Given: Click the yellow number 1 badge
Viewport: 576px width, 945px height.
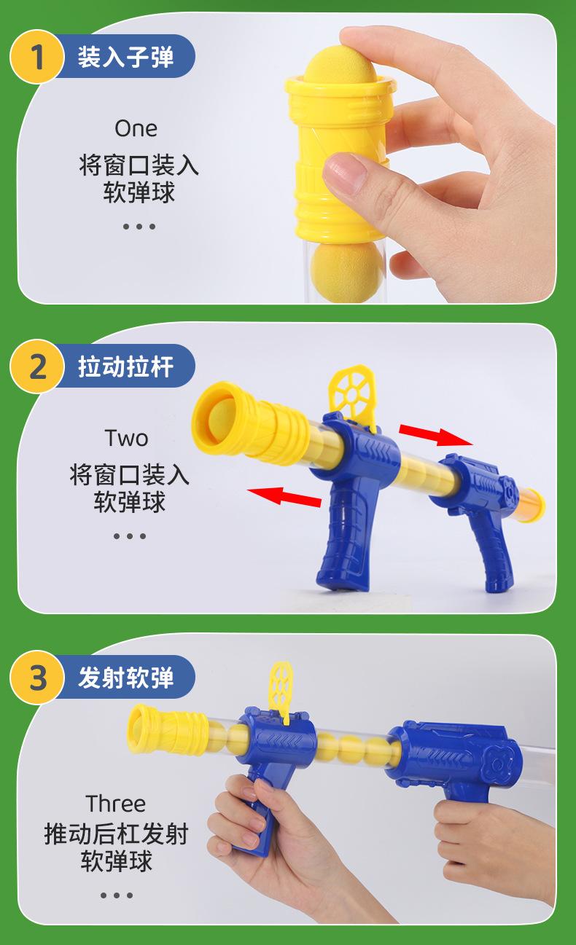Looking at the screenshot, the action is click(x=36, y=57).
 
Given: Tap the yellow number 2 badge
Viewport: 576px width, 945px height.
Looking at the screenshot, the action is click(x=36, y=366).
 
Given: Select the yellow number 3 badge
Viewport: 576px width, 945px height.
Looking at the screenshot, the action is click(x=36, y=677).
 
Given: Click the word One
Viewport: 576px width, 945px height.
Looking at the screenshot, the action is click(x=136, y=128).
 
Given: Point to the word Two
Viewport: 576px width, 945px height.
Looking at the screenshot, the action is click(x=126, y=438).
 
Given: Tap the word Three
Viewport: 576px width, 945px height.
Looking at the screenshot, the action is click(x=116, y=804).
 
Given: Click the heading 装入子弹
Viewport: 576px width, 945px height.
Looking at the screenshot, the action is click(x=125, y=57).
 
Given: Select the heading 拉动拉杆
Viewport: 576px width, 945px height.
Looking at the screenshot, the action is click(x=125, y=366).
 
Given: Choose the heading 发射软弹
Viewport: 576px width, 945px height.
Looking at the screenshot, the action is click(x=125, y=678).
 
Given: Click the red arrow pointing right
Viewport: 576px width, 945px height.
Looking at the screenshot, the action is click(x=436, y=435).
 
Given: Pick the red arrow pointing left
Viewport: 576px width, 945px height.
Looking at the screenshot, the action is click(x=284, y=496).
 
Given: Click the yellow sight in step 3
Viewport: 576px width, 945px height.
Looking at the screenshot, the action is click(x=281, y=692).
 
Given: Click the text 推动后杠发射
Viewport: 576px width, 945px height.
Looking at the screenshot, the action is click(x=116, y=834).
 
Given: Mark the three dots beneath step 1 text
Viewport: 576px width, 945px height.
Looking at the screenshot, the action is click(x=139, y=227).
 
